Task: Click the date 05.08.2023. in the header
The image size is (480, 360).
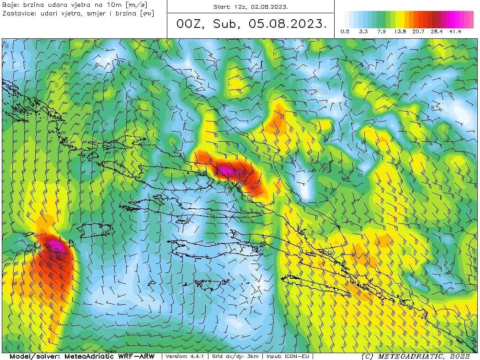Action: [288, 24]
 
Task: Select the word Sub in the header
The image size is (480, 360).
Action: [225, 24]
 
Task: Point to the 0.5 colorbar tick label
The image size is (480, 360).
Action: [345, 32]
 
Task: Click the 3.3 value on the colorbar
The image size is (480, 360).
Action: [363, 32]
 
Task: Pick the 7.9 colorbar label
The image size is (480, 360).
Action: [382, 32]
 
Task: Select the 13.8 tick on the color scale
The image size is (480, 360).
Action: [400, 32]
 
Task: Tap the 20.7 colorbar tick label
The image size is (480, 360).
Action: [419, 32]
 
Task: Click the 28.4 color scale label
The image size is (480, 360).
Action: [437, 32]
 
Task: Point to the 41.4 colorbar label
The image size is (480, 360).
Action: [455, 32]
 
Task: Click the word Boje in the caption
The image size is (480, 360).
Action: [10, 5]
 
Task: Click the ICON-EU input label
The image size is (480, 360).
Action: [301, 356]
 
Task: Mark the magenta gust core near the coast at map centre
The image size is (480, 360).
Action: [227, 170]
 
